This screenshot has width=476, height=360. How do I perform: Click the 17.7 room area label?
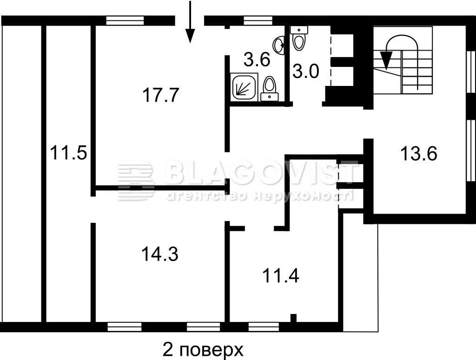160,95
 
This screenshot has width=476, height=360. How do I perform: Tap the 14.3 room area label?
160,254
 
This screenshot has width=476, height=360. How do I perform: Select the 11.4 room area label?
280,276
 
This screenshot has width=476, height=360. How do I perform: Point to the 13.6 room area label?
419,153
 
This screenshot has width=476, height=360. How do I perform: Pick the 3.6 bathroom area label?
257,59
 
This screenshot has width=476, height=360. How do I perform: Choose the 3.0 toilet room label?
306,72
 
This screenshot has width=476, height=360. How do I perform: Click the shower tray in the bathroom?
244,86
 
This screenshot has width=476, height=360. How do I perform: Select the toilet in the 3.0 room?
299,39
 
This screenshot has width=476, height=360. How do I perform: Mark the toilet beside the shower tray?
269,88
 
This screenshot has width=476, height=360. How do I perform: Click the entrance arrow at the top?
190,21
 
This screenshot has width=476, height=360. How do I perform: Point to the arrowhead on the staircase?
386,60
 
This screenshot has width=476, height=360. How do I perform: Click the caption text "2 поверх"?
203,350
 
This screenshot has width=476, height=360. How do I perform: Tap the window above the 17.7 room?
125,20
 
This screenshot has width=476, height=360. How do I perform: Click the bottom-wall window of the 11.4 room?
264,327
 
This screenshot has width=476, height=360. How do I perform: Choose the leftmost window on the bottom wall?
125,327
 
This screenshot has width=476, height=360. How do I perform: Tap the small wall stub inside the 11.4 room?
293,318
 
